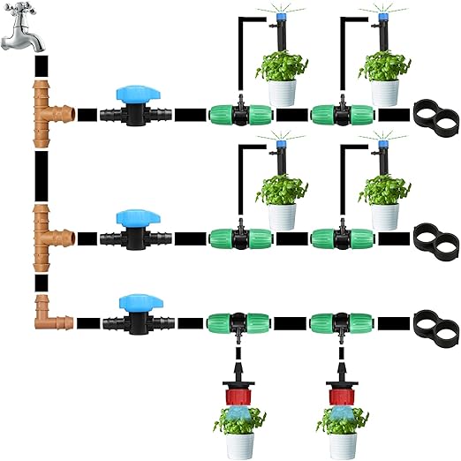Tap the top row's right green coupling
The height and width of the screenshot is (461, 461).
click(x=342, y=115)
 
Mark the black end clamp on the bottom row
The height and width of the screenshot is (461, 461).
click(x=434, y=321)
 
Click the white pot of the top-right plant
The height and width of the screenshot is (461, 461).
click(x=384, y=92)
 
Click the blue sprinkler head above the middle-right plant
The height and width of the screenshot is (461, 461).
click(x=382, y=140)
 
